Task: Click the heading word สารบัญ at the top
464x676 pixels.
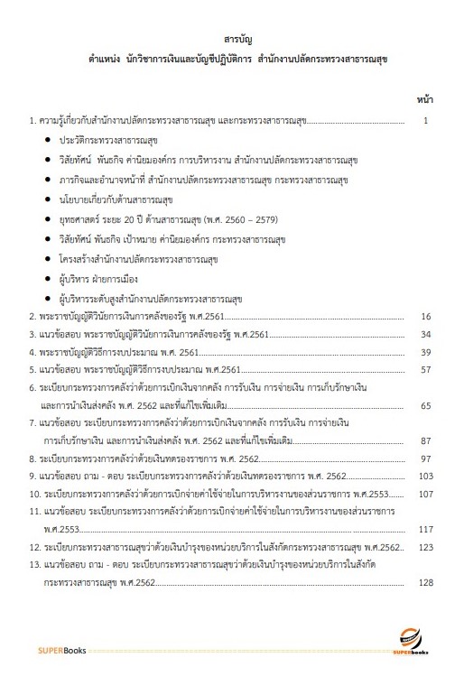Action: click(232, 41)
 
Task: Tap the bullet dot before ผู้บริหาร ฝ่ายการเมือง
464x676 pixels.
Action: click(47, 280)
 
